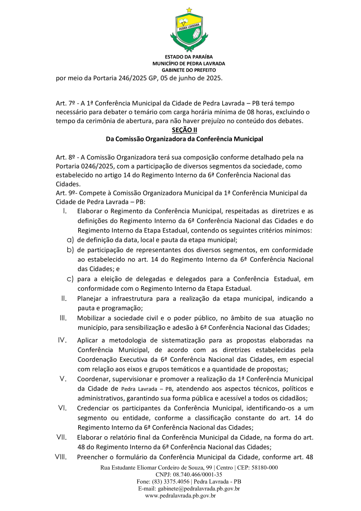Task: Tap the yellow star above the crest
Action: (x=189, y=10)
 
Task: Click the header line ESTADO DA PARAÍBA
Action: (x=189, y=57)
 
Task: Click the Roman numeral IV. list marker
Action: (x=62, y=340)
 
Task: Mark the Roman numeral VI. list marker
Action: (x=63, y=408)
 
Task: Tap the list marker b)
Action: (x=70, y=250)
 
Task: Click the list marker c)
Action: (x=70, y=279)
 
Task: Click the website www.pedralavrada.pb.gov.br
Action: (x=180, y=496)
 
